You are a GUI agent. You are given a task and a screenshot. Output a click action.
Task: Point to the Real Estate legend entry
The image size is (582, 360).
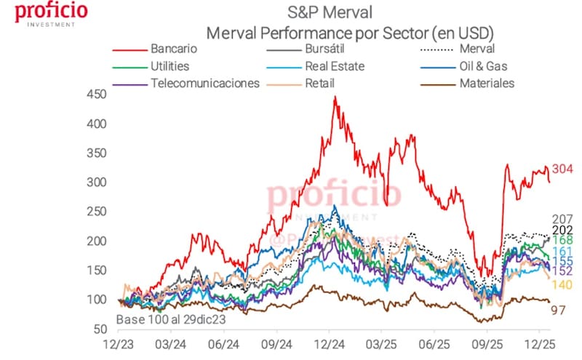coord(335,66)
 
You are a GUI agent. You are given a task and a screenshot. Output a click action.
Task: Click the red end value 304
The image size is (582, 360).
coord(563,169)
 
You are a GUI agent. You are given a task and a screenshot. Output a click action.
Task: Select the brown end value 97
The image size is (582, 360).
coord(559,310)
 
